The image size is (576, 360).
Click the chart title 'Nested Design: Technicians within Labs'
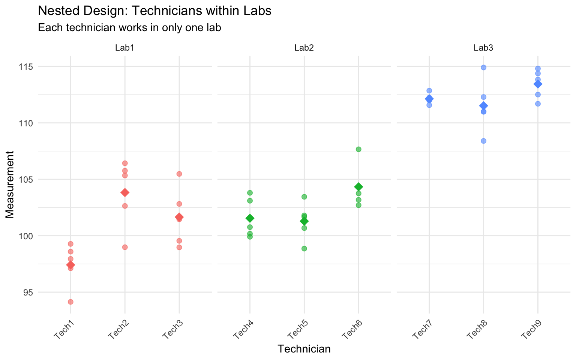pyautogui.click(x=154, y=11)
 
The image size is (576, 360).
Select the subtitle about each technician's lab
pyautogui.click(x=129, y=28)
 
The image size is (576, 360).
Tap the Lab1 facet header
pyautogui.click(x=124, y=48)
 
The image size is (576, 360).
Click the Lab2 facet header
pyautogui.click(x=304, y=48)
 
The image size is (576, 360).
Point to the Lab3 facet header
pyautogui.click(x=483, y=48)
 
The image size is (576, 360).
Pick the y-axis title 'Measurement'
pyautogui.click(x=10, y=184)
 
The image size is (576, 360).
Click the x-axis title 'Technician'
pyautogui.click(x=304, y=349)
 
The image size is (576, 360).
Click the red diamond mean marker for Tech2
pyautogui.click(x=125, y=192)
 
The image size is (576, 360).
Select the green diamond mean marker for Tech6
pyautogui.click(x=358, y=187)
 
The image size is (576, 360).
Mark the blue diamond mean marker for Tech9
pyautogui.click(x=538, y=84)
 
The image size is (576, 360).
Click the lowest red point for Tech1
pyautogui.click(x=70, y=302)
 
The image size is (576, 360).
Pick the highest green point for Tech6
pyautogui.click(x=358, y=149)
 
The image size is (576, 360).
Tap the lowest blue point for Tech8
pyautogui.click(x=483, y=141)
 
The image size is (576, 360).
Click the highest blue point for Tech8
pyautogui.click(x=483, y=67)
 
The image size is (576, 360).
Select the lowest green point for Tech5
pyautogui.click(x=304, y=249)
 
